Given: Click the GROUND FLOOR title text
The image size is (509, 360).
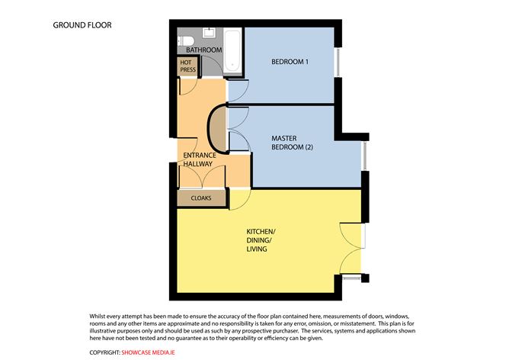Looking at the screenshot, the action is click(82, 25).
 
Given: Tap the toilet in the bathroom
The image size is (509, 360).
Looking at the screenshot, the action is click(186, 41).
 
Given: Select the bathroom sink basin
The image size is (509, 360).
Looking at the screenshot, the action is click(209, 33).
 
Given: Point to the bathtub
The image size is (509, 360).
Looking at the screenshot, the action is click(232, 50).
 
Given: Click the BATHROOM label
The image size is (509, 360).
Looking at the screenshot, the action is click(204, 50).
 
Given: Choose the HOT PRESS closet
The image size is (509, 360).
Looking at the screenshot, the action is click(187, 66).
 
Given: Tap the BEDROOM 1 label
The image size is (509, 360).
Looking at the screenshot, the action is click(290, 62).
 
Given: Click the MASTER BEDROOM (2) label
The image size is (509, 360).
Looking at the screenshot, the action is click(292, 143).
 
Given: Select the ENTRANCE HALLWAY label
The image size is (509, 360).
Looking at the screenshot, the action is click(200, 159).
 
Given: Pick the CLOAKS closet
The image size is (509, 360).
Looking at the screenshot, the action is click(201, 198).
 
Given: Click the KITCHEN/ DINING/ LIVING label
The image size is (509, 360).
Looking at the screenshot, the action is click(261, 240).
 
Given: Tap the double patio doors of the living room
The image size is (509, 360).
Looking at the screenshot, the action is click(351, 248).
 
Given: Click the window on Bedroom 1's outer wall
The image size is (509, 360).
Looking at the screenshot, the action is click(338, 63).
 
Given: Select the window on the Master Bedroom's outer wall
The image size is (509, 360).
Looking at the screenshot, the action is click(365, 156).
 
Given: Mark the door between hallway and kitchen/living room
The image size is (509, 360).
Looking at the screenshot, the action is click(240, 199).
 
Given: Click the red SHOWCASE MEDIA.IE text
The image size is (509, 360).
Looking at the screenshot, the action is click(148, 352).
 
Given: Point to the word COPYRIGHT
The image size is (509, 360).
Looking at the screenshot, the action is click(105, 352).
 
